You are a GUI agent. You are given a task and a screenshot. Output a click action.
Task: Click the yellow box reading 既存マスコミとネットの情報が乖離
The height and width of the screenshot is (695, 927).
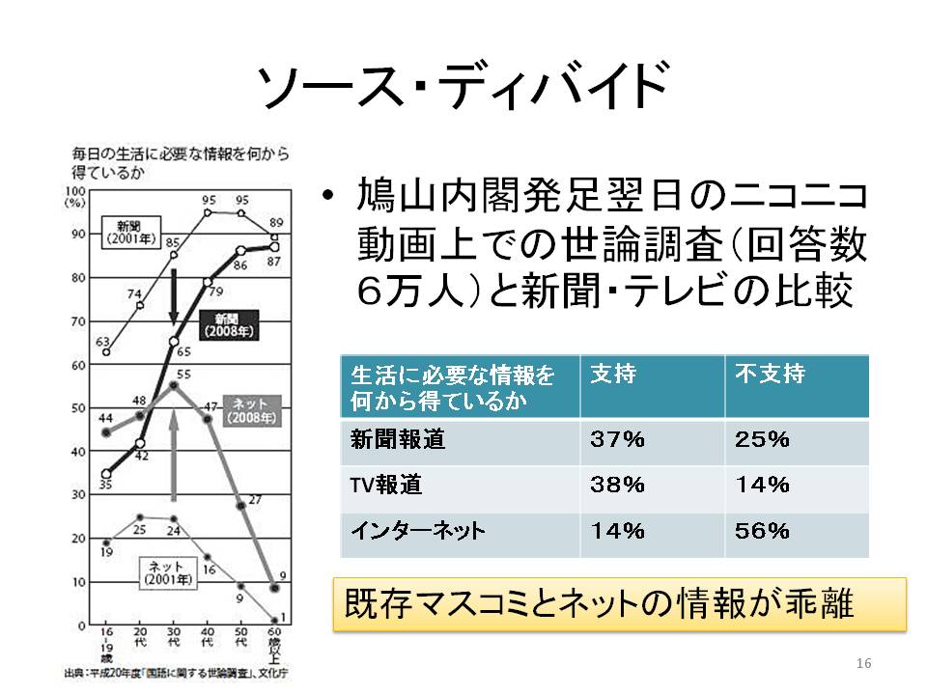tap(619, 604)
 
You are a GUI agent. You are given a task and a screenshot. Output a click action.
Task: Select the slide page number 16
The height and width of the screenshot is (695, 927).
tap(863, 663)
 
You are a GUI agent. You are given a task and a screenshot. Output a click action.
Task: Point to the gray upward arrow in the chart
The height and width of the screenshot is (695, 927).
tap(174, 454)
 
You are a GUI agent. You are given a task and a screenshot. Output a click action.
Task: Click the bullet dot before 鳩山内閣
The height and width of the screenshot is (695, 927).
tap(329, 199)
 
